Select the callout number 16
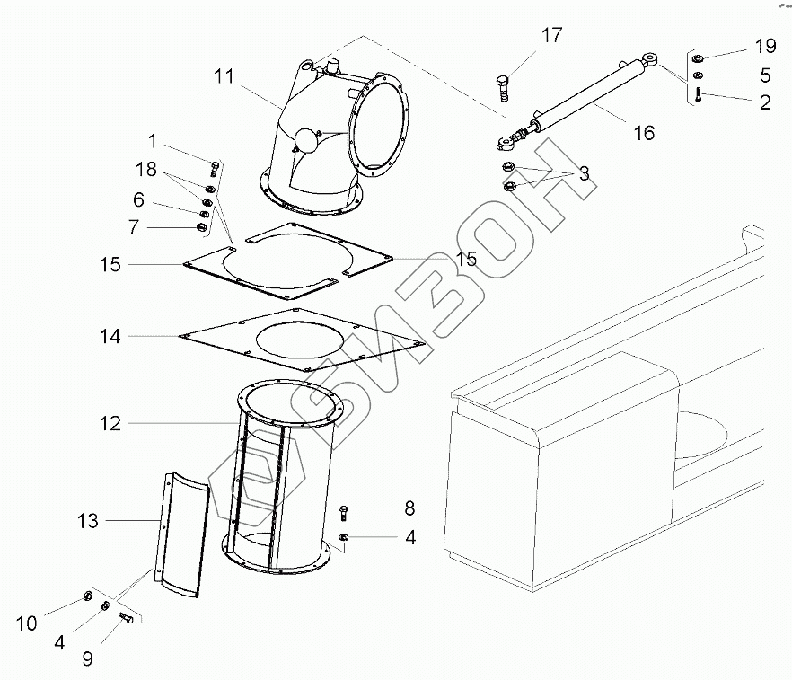point(643,133)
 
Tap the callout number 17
point(551,36)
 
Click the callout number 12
point(110,423)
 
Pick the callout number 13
point(89,520)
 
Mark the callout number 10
point(27,623)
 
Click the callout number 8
point(409,508)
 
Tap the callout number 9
point(87,659)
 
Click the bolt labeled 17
point(501,88)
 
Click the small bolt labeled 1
point(215,167)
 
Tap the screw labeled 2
point(699,95)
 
